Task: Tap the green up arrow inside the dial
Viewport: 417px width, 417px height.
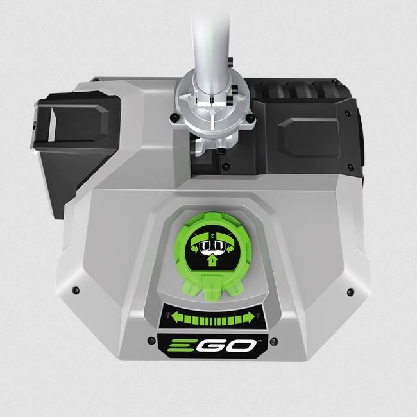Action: click(x=212, y=261)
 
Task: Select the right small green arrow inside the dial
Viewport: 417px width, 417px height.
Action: click(x=230, y=249)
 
